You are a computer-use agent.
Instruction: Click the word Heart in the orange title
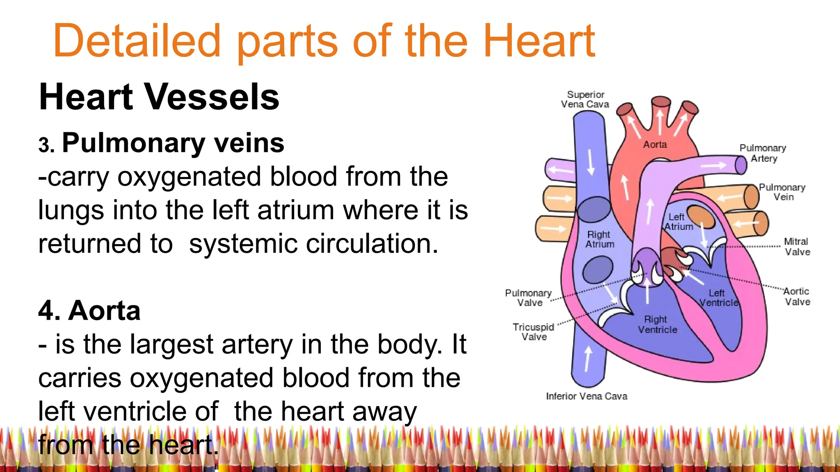(x=539, y=41)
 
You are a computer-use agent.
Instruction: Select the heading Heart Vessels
(x=159, y=97)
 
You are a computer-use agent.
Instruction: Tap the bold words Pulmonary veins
(x=173, y=143)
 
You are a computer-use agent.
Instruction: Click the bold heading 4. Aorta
(x=89, y=311)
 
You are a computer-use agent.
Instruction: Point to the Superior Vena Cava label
(x=585, y=100)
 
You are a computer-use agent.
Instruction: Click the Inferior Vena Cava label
(x=587, y=396)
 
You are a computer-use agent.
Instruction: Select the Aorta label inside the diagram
(x=655, y=145)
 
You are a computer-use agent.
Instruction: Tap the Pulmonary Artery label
(x=763, y=153)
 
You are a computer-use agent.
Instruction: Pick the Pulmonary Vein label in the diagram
(x=782, y=192)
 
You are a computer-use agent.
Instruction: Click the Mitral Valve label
(x=797, y=247)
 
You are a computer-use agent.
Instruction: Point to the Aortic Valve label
(x=797, y=297)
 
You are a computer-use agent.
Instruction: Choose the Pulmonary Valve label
(x=528, y=298)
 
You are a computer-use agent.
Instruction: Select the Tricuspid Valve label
(x=533, y=332)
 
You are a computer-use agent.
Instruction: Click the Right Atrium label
(x=599, y=239)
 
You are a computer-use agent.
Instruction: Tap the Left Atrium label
(x=678, y=222)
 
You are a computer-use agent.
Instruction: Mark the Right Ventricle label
(x=657, y=324)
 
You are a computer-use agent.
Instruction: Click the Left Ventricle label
(x=718, y=298)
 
